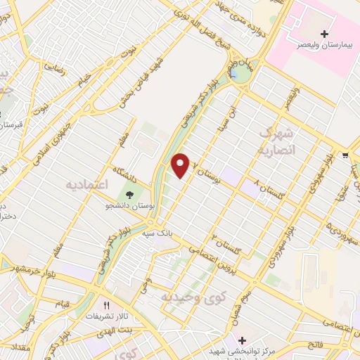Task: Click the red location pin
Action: click(181, 165)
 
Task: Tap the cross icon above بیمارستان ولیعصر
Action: click(324, 34)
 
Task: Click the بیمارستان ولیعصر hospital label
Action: click(324, 44)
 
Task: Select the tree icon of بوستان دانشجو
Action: click(130, 194)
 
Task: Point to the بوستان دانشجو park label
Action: click(130, 205)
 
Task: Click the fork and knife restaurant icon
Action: click(107, 306)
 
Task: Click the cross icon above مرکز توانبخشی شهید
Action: click(242, 340)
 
